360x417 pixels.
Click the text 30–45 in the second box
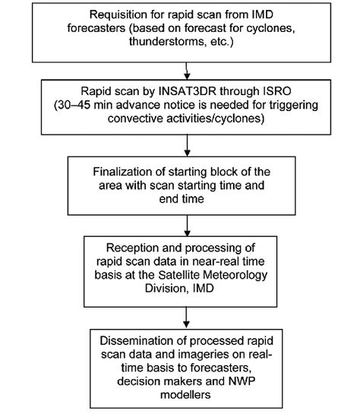tap(74, 105)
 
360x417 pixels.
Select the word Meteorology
tap(235, 276)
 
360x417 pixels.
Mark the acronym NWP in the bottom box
tap(242, 381)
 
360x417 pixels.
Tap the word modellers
tap(185, 395)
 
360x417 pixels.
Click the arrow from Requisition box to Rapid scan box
tap(187, 71)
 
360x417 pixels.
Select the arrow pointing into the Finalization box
tap(187, 146)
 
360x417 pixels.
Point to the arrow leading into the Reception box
tap(187, 226)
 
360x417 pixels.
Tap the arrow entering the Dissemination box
tap(186, 317)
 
